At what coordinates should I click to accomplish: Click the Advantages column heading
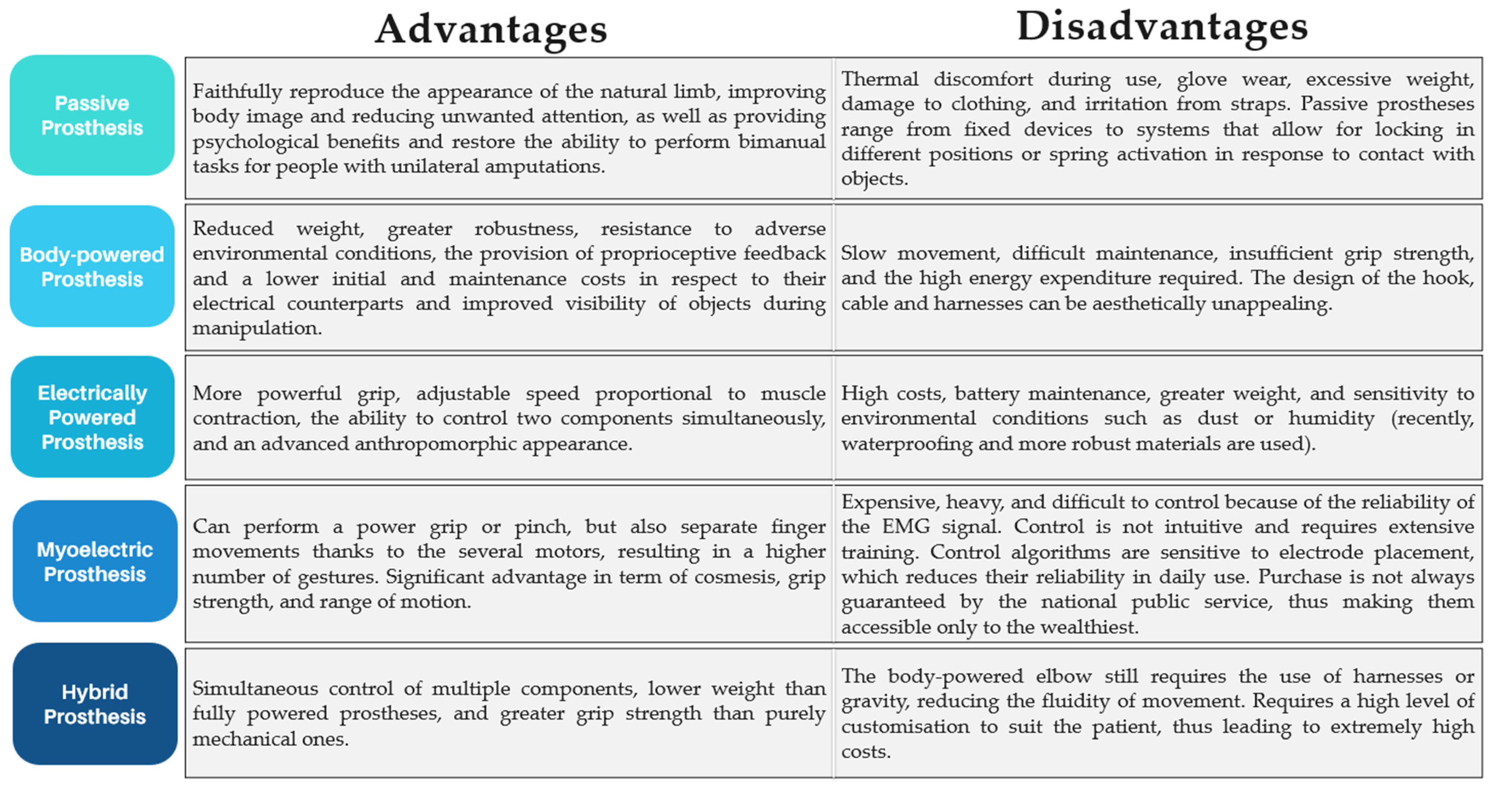[491, 29]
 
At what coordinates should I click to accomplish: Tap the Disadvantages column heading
[1162, 27]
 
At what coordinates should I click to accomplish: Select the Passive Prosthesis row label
[92, 115]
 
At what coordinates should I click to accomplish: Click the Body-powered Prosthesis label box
[92, 267]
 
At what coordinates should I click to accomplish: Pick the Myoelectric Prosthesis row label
[95, 561]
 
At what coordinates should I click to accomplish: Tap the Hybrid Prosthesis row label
[95, 704]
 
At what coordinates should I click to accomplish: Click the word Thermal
[879, 79]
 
